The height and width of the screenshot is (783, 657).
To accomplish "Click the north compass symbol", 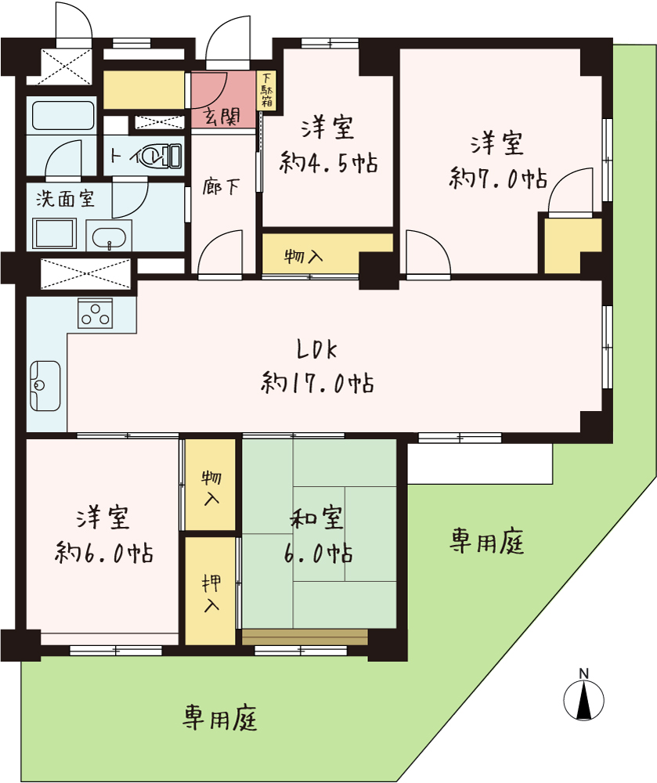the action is click(x=583, y=698).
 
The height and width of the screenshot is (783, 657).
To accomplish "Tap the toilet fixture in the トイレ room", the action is click(x=161, y=156).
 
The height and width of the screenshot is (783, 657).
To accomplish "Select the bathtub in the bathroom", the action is click(x=63, y=116).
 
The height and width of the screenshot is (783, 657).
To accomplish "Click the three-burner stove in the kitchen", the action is click(x=96, y=314).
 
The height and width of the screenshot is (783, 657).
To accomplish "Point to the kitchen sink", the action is click(x=45, y=385).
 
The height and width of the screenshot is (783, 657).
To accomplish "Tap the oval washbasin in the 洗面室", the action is click(x=110, y=238).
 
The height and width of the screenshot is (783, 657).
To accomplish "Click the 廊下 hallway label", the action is click(x=221, y=187).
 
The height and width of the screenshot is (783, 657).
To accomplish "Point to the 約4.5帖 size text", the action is click(x=328, y=162).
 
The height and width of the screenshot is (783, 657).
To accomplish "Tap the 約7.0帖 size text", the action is click(x=498, y=178).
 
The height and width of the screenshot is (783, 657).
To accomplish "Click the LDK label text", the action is click(x=317, y=349).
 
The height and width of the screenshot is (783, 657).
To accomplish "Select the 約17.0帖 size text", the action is click(x=317, y=383).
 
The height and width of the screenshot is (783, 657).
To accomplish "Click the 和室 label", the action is click(x=317, y=518).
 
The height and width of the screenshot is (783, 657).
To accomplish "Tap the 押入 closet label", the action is click(x=211, y=594).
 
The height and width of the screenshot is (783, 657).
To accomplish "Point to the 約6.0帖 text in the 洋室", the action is click(x=104, y=552).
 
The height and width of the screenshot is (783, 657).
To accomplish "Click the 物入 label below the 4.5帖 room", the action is click(x=304, y=257).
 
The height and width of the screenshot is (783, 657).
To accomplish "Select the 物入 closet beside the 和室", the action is click(x=211, y=485).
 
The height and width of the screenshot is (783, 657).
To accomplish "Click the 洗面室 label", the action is click(x=65, y=199).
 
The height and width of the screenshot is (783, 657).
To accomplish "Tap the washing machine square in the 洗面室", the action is click(x=54, y=233).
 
